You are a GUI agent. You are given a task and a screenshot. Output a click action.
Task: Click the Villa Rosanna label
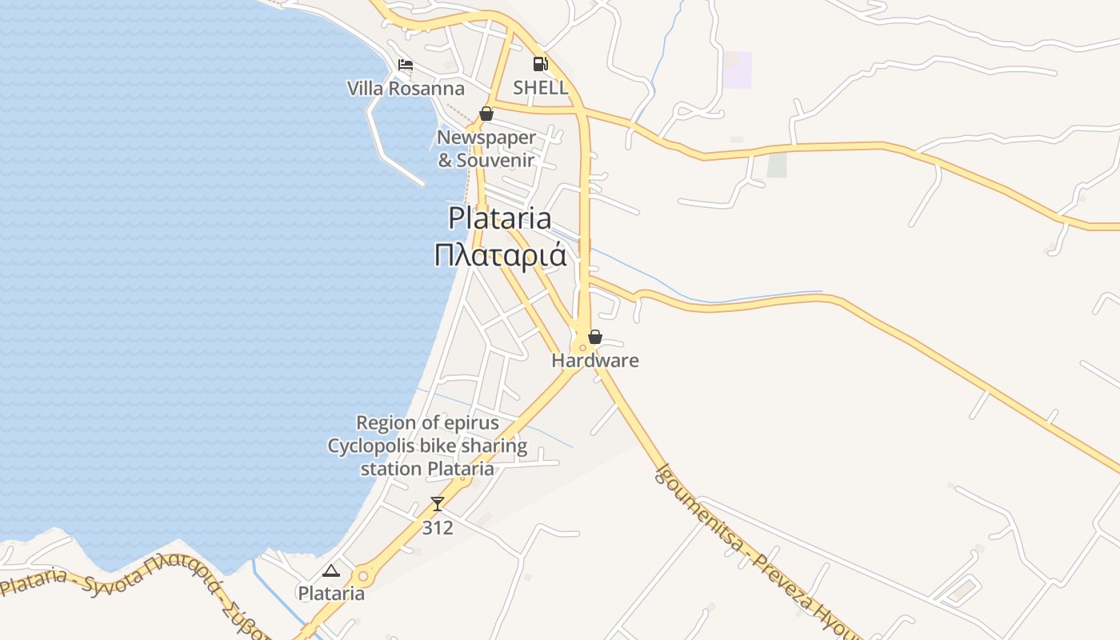coord(406,88)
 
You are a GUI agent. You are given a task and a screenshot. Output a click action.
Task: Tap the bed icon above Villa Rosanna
coord(406,65)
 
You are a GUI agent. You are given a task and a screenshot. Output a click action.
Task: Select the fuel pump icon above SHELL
coord(541,64)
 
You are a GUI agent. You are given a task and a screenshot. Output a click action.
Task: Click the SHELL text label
coord(541,87)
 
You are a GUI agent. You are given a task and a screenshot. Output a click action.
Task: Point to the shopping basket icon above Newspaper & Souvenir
coord(486,114)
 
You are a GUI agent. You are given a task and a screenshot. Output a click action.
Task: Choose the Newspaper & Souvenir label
coord(486,149)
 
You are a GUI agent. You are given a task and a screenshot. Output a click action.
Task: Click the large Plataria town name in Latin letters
coord(500,218)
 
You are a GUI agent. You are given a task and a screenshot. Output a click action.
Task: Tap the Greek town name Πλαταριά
coord(500,256)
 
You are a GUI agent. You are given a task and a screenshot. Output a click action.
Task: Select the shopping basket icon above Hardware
coord(595,337)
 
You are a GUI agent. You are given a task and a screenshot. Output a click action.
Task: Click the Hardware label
coord(595,360)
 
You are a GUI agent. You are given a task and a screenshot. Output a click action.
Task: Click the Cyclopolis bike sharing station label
coord(427,446)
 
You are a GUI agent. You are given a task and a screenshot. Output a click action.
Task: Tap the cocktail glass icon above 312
coord(438,504)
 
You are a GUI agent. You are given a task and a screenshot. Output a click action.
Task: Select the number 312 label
coord(438,528)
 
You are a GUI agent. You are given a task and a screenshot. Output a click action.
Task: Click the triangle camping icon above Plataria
coord(331,570)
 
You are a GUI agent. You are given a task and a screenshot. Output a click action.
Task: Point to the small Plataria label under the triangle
coord(331,594)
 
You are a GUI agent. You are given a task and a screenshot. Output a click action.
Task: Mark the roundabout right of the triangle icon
coord(363,575)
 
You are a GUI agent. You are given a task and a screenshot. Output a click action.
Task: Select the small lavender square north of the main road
coord(737,70)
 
